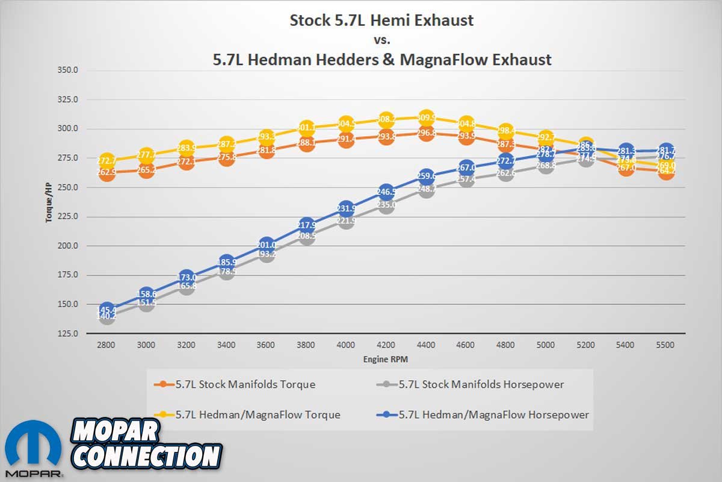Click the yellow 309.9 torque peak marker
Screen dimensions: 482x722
coord(425,117)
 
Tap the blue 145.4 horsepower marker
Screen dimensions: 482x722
coord(106,310)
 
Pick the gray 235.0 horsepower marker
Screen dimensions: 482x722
coord(386,205)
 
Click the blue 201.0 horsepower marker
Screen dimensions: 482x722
coord(267,245)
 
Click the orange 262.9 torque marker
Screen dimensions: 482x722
coord(106,174)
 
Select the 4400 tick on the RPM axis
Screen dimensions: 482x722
coord(425,345)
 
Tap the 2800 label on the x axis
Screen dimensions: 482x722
coord(106,345)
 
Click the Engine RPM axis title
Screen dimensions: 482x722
coord(385,359)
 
